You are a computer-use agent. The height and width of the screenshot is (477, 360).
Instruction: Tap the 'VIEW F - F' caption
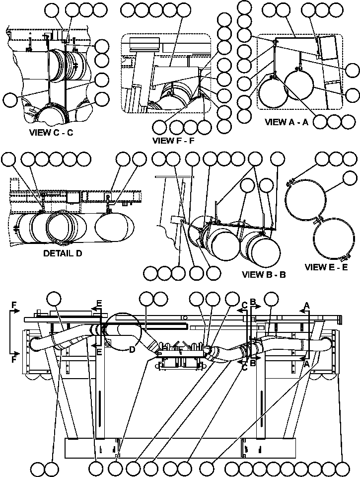(x=173, y=140)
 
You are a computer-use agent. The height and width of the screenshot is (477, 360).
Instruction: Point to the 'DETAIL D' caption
(x=63, y=252)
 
